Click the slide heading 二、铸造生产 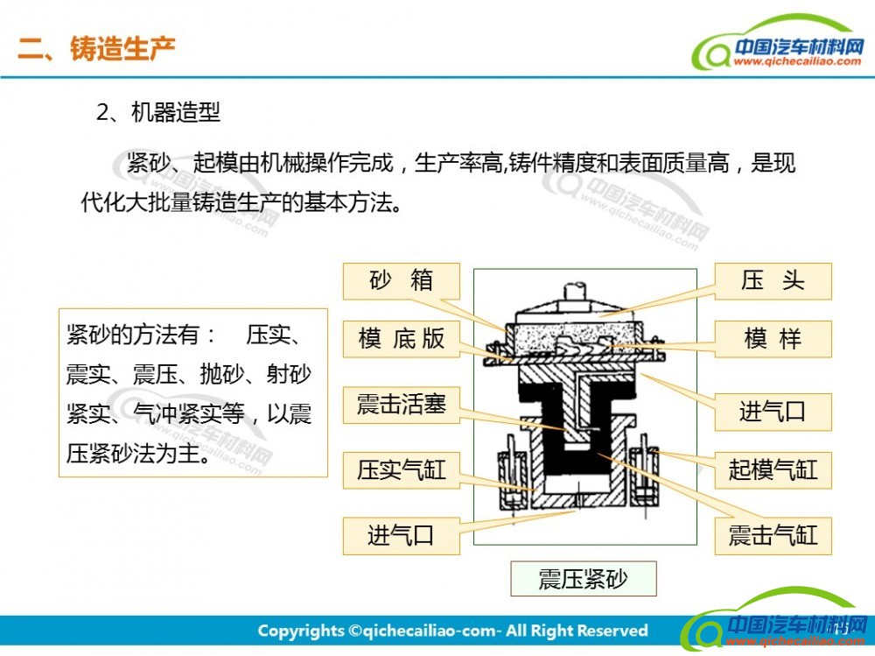96,48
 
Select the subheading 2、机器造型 157,112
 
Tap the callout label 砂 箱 402,281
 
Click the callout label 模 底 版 402,339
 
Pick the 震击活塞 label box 402,405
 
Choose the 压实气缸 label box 402,470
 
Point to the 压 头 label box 773,281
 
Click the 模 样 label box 773,339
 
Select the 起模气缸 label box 773,470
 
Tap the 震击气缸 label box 773,536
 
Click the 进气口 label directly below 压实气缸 402,536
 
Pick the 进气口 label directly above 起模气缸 773,412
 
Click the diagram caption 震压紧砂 583,579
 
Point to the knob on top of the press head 576,293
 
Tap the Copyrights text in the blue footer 452,631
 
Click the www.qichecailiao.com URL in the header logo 797,61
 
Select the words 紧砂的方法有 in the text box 133,335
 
